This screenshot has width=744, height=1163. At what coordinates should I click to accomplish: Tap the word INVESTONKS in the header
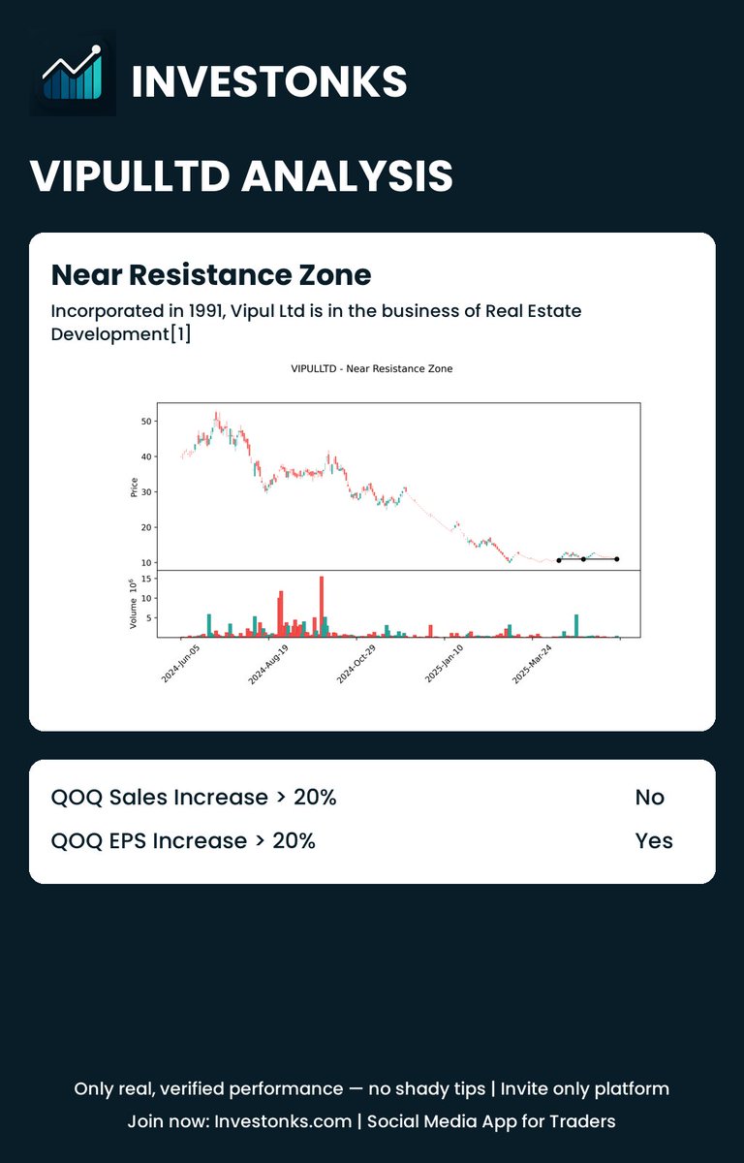click(x=268, y=81)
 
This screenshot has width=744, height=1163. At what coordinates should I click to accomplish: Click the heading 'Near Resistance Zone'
click(x=210, y=275)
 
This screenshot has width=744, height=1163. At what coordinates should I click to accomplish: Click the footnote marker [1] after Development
click(x=180, y=334)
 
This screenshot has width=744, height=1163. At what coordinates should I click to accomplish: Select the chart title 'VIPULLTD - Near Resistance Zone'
click(x=371, y=368)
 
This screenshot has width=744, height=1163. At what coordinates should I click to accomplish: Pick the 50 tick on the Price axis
click(x=145, y=422)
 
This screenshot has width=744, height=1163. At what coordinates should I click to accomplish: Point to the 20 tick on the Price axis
click(x=145, y=527)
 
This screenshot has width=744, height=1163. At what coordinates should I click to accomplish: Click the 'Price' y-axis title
click(x=134, y=487)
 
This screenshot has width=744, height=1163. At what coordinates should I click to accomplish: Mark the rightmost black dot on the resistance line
click(x=617, y=559)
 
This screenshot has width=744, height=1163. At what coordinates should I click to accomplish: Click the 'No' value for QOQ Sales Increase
click(x=649, y=798)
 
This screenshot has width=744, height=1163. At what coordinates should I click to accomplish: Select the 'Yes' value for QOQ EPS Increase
click(x=654, y=840)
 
